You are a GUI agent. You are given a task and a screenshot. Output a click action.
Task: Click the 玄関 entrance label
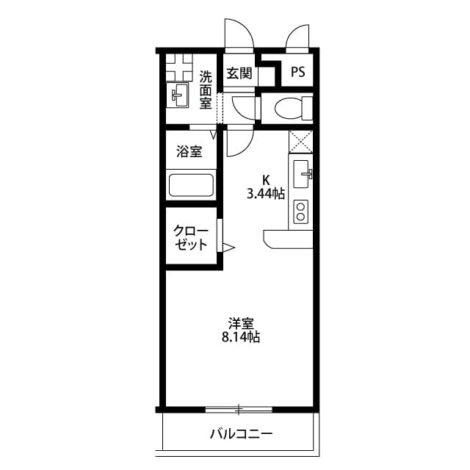(x=239, y=73)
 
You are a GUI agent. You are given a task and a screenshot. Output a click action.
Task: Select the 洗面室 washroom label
(x=206, y=89)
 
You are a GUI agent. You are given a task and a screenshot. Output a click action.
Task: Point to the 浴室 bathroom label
(x=189, y=152)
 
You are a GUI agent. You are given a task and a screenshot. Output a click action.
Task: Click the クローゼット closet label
(x=190, y=238)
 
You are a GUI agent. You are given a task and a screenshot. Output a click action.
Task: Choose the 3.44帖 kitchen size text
(x=265, y=194)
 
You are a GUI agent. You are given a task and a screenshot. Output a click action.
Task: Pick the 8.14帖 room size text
(x=240, y=338)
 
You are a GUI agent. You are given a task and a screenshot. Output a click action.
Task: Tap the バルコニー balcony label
(x=241, y=433)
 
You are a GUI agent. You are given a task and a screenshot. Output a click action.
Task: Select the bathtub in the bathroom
(x=191, y=184)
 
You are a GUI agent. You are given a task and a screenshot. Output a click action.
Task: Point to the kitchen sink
(x=303, y=174)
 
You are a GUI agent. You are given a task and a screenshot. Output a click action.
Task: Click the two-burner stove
(x=301, y=212)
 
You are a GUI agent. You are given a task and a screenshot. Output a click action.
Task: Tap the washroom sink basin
(x=179, y=94)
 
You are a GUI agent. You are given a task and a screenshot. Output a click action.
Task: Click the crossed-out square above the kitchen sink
(x=301, y=141)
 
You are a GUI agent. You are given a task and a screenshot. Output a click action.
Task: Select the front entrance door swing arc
(x=239, y=33)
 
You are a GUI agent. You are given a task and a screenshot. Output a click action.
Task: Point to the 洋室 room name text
(x=241, y=323)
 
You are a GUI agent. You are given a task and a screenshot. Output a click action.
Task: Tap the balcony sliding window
(x=239, y=408)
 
